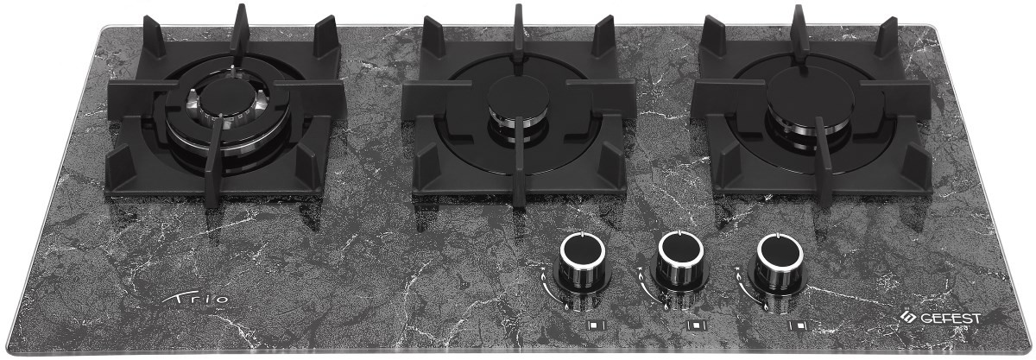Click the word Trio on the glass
196,299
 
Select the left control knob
583,264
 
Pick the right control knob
780,264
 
